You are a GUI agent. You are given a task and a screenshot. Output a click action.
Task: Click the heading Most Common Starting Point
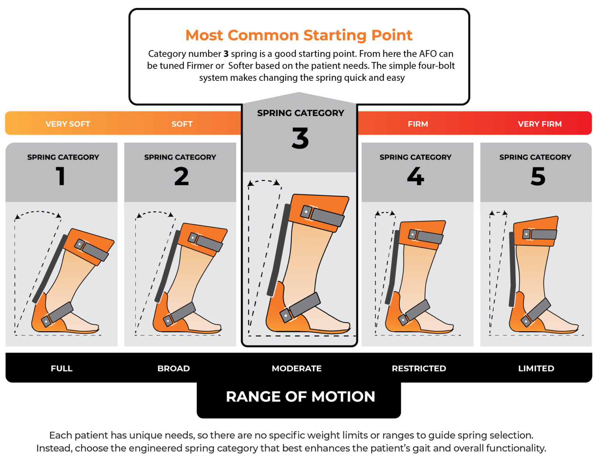click(x=299, y=35)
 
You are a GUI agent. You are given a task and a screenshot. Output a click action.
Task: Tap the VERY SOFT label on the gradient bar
click(x=68, y=124)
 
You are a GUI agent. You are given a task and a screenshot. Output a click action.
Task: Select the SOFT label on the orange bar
click(x=182, y=124)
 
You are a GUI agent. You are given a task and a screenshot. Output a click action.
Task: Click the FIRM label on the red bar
click(x=418, y=124)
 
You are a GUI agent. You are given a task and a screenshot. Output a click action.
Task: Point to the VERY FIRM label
click(x=540, y=124)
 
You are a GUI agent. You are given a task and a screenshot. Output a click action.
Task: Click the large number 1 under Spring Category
click(x=61, y=176)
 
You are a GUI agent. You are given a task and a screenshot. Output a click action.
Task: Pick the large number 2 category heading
click(x=181, y=176)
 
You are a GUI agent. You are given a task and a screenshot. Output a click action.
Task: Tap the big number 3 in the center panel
click(x=300, y=138)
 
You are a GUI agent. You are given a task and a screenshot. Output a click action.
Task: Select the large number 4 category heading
click(x=416, y=176)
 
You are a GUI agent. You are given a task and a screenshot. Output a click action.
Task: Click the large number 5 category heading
click(x=538, y=176)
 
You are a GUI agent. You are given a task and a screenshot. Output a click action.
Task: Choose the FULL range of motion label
click(x=62, y=369)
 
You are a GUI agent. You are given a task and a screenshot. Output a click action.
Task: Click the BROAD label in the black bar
click(x=174, y=369)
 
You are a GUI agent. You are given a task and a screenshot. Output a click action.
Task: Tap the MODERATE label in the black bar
click(x=297, y=369)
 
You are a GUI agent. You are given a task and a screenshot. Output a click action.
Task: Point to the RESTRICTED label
click(x=419, y=369)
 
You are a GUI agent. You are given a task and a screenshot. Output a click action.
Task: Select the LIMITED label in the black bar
click(x=536, y=369)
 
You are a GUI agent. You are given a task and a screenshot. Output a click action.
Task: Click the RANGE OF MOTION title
click(x=300, y=397)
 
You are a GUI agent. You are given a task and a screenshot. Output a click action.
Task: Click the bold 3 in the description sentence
click(x=226, y=54)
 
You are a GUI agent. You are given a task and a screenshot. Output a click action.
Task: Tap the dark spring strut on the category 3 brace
click(x=279, y=250)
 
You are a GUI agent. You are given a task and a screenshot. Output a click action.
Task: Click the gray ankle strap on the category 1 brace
click(x=57, y=314)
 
